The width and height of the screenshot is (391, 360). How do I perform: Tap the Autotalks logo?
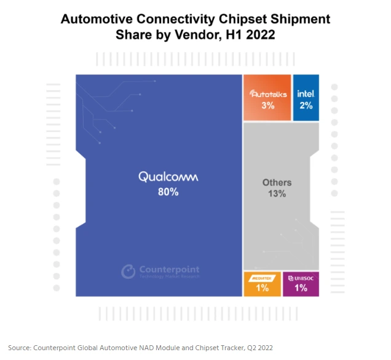click(x=267, y=94)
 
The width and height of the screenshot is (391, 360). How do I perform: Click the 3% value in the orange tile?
click(x=267, y=106)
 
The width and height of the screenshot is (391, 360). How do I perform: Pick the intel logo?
click(x=306, y=93)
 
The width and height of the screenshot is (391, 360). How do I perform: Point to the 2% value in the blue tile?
click(x=306, y=106)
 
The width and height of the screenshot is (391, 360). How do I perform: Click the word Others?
click(x=277, y=182)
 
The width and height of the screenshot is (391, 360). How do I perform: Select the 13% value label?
click(x=277, y=194)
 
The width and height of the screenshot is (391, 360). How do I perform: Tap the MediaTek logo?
click(x=262, y=278)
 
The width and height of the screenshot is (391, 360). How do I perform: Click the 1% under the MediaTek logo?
click(x=262, y=288)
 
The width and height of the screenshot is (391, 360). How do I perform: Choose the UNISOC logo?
click(x=301, y=278)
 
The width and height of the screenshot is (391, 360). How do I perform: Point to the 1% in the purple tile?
click(x=301, y=288)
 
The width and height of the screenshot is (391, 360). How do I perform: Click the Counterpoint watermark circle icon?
click(x=128, y=271)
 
